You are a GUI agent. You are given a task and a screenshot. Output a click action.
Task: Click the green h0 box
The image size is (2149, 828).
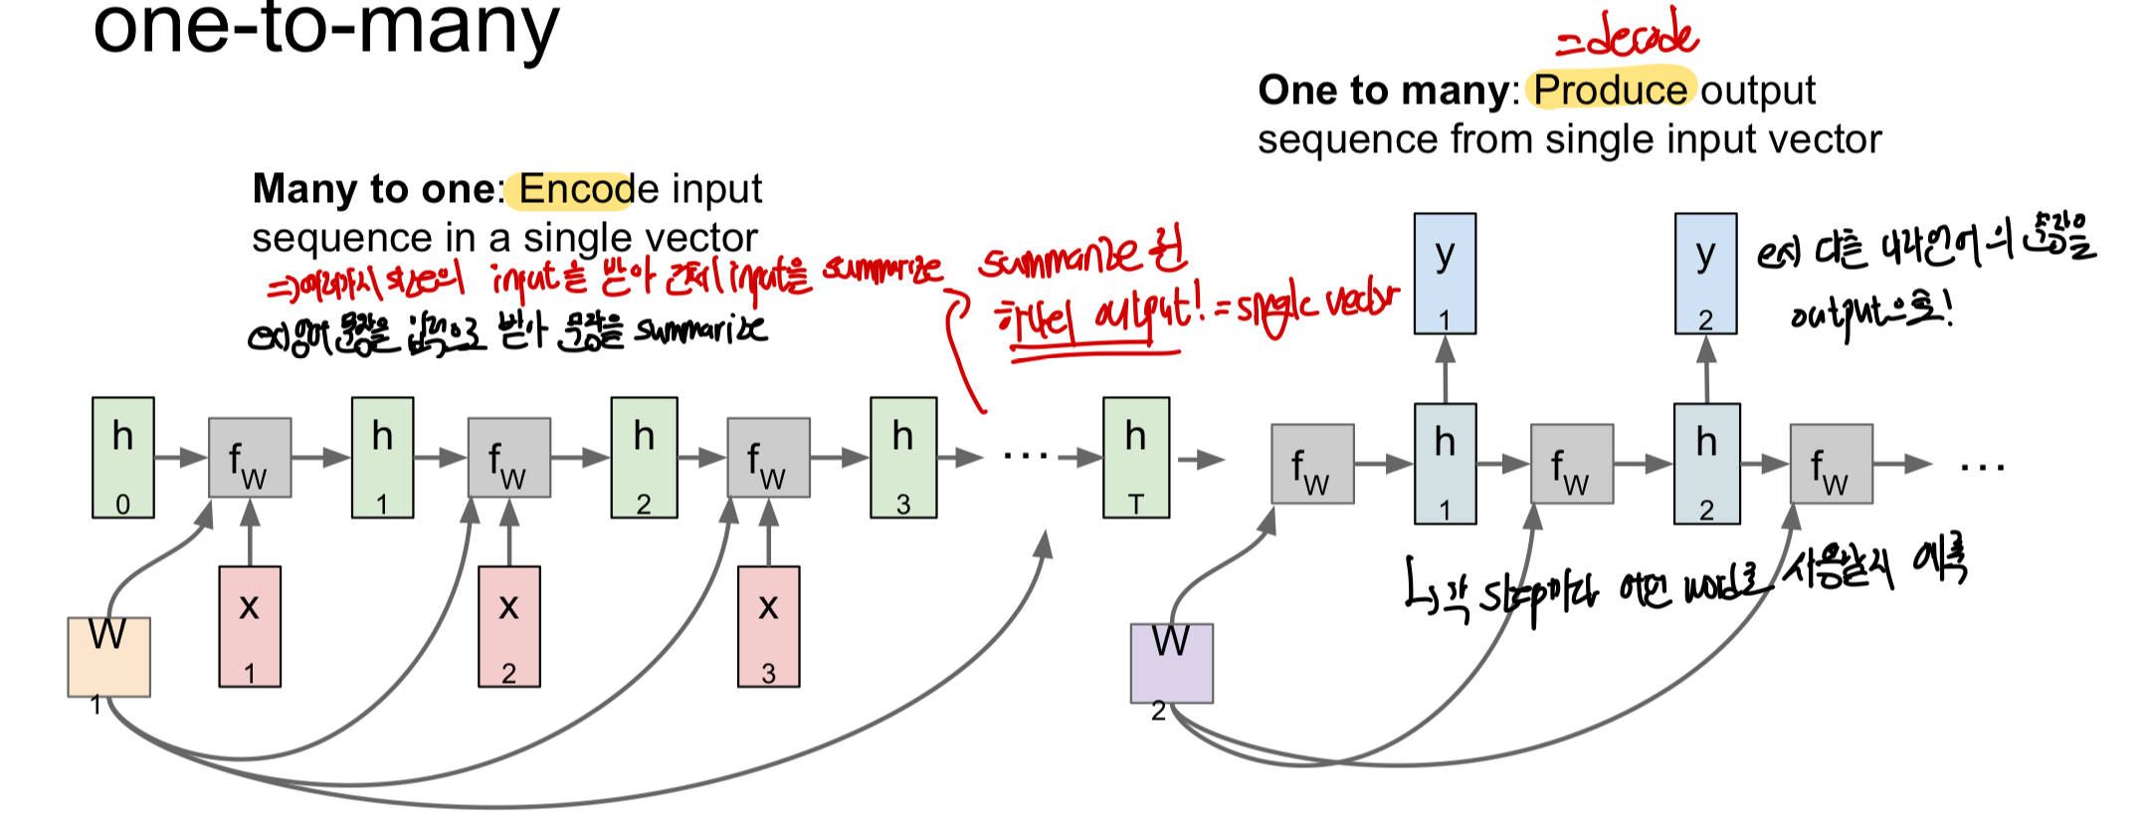click(x=123, y=458)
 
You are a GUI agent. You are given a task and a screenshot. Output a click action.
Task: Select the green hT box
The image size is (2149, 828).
click(x=1136, y=458)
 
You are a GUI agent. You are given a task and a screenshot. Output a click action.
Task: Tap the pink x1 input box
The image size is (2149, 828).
click(x=250, y=626)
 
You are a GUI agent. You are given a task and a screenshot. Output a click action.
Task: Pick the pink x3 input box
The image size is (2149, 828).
click(x=768, y=626)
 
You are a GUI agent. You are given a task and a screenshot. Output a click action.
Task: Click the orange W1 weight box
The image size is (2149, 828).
click(x=108, y=656)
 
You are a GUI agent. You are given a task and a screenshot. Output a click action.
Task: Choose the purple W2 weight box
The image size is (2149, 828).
click(x=1171, y=663)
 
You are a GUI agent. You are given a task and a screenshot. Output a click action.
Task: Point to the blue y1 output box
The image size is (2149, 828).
click(x=1445, y=273)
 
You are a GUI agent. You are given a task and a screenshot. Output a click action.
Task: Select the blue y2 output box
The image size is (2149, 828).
click(x=1705, y=273)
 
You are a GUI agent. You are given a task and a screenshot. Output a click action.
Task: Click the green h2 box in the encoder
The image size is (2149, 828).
click(x=644, y=458)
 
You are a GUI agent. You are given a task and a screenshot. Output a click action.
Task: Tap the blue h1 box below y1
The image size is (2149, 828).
click(x=1445, y=464)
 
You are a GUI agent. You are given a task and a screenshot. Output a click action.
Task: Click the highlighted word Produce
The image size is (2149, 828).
click(x=1609, y=90)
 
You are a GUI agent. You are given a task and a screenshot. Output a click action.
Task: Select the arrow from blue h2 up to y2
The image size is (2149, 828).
click(x=1706, y=368)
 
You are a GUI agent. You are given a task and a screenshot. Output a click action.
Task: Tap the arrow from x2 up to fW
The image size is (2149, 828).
click(x=509, y=532)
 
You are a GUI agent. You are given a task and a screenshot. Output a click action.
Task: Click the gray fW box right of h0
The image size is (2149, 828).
click(x=250, y=458)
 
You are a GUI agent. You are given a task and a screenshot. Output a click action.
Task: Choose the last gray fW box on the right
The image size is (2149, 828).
click(x=1831, y=464)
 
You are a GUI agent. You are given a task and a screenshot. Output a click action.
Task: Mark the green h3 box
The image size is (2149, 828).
click(x=902, y=458)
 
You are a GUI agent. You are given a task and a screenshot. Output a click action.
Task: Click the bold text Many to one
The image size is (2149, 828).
click(x=373, y=189)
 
